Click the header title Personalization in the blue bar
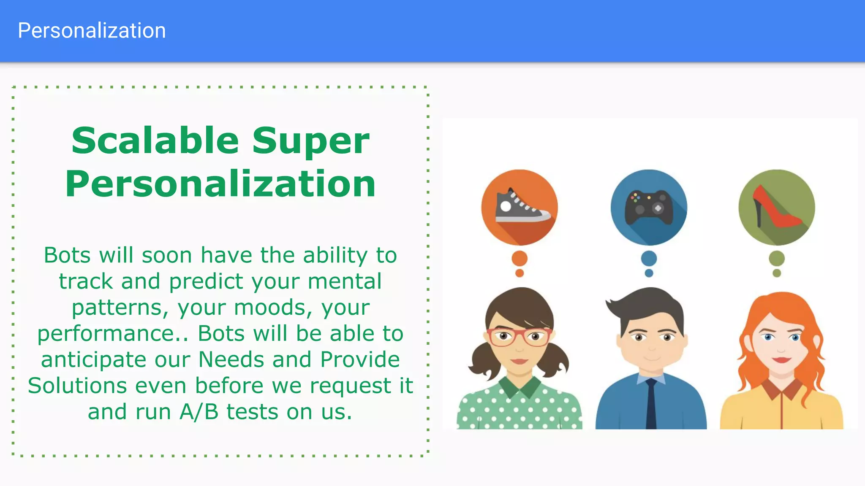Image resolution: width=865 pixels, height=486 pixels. pyautogui.click(x=92, y=31)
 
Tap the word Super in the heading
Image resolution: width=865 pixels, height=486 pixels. pyautogui.click(x=311, y=141)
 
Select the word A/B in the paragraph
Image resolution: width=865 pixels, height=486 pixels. pyautogui.click(x=199, y=412)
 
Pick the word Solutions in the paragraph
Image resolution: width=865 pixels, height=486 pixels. pyautogui.click(x=78, y=386)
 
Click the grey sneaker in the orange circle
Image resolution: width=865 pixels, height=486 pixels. pyautogui.click(x=522, y=207)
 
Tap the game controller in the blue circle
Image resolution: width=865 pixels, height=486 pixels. pyautogui.click(x=649, y=208)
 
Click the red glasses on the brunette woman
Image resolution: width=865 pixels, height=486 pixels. pyautogui.click(x=519, y=337)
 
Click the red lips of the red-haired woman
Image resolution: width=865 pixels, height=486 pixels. pyautogui.click(x=781, y=360)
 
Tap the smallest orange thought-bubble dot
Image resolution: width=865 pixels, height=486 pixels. pyautogui.click(x=520, y=273)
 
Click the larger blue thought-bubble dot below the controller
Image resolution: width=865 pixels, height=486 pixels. pyautogui.click(x=649, y=258)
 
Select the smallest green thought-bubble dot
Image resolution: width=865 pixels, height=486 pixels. pyautogui.click(x=776, y=273)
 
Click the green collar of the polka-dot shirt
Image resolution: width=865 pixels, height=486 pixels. pyautogui.click(x=519, y=386)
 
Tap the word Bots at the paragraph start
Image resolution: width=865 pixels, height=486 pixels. pyautogui.click(x=67, y=255)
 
